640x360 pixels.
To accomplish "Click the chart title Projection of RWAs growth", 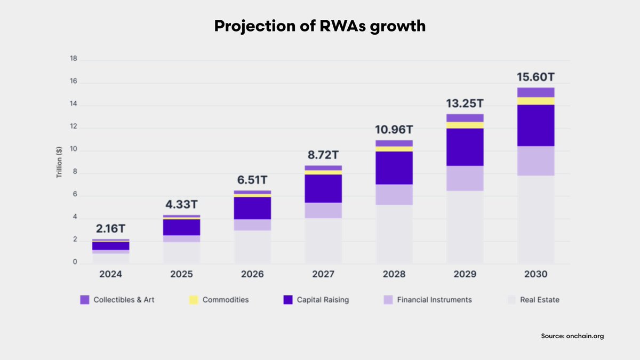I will point(320,26).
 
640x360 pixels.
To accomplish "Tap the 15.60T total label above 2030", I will point(536,77).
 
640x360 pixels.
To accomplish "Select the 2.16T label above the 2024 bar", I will point(110,229).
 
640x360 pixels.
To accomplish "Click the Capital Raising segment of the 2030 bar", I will point(536,125).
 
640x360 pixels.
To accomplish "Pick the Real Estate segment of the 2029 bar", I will point(465,227).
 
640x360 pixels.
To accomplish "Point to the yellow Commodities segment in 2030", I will point(536,101).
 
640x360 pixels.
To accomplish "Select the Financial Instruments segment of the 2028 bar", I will point(394,195).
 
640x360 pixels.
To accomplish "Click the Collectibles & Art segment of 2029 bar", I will point(465,118).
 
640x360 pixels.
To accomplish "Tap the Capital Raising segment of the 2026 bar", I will point(252,208).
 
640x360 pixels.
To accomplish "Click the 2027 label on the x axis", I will point(323,275).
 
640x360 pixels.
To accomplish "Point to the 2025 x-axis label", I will point(181,275).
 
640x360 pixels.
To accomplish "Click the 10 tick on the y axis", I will point(74,150).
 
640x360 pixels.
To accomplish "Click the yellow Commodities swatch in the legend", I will point(194,300).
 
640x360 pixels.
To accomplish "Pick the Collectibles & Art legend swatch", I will point(85,300).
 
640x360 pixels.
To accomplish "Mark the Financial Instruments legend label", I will point(435,300).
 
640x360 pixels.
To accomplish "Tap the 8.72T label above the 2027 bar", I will point(323,155).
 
